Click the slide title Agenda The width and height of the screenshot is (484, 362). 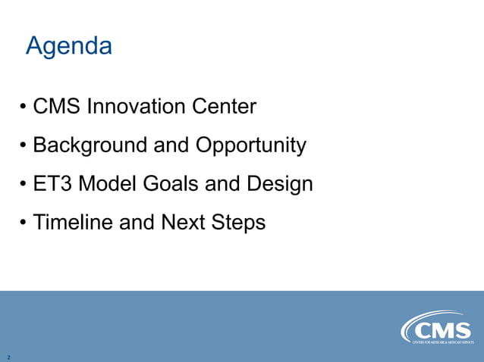(x=69, y=46)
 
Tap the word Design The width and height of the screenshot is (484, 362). (x=279, y=185)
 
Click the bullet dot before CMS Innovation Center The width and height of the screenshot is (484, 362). (x=24, y=108)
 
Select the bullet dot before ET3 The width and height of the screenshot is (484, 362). (x=24, y=185)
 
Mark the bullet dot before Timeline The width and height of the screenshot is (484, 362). (x=24, y=223)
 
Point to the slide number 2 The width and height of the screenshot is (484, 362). (x=8, y=357)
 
